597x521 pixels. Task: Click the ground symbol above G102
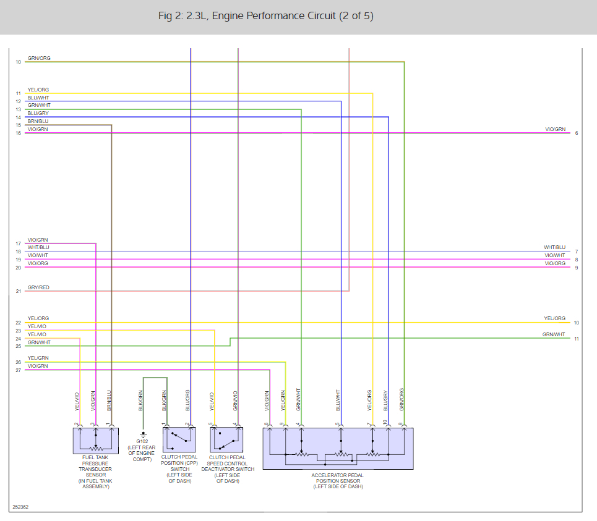coord(143,433)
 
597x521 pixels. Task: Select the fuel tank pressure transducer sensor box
coord(95,439)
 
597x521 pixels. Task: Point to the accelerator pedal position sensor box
coord(338,448)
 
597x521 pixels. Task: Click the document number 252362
coord(20,507)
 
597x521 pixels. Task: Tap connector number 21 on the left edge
coord(19,291)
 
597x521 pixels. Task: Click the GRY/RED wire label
coord(38,287)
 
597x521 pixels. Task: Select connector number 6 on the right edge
coord(576,133)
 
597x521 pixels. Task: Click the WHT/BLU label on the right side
coord(554,247)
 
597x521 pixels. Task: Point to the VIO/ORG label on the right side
coord(554,263)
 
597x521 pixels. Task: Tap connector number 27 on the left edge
coord(19,370)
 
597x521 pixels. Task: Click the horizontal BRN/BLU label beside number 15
coord(38,121)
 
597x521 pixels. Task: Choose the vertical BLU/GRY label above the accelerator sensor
coord(385,400)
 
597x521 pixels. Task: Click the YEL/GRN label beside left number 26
coord(38,358)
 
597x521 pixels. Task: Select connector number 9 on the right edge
coord(576,268)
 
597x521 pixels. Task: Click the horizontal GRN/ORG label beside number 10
coord(39,58)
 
